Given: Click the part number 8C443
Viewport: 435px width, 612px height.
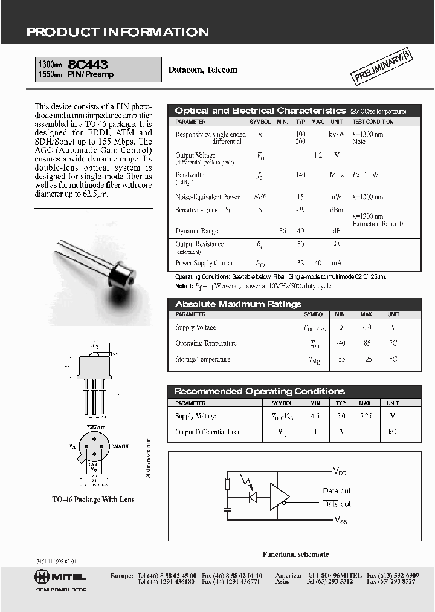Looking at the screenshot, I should click(89, 63).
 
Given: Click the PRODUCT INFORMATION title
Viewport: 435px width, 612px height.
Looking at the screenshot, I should click(118, 33).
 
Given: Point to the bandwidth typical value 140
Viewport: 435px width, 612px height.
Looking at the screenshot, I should click(300, 175).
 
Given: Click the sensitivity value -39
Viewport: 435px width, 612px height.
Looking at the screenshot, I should click(300, 209).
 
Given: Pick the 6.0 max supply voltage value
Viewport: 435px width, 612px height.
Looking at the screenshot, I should click(367, 327).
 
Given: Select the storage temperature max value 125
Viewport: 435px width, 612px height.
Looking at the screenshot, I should click(367, 359).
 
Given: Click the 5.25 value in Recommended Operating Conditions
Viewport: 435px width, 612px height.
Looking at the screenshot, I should click(365, 416).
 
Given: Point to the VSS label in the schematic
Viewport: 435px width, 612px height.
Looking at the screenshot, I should click(341, 519).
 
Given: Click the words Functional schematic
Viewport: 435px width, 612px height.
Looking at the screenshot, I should click(295, 554).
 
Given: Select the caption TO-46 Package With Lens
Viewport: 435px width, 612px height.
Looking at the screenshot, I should click(93, 500).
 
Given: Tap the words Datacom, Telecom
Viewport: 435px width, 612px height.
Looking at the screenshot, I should click(202, 70).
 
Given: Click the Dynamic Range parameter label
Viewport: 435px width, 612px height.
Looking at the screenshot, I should click(196, 231).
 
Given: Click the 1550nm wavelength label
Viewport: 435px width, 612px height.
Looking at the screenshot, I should click(50, 75).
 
